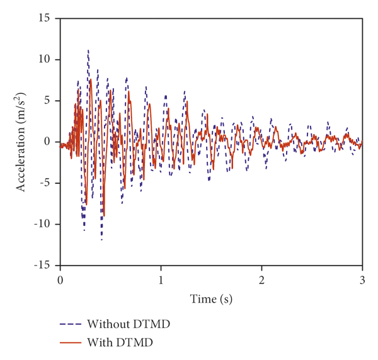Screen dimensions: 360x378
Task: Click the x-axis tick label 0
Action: click(60, 279)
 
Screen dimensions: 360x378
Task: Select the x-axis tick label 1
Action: click(161, 279)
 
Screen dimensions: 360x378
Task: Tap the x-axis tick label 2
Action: click(261, 279)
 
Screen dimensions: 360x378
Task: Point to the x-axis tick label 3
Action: click(362, 279)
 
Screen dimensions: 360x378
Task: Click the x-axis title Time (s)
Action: click(211, 300)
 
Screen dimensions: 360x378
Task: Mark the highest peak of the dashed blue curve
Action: click(88, 50)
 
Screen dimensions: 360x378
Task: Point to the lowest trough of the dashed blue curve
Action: click(101, 240)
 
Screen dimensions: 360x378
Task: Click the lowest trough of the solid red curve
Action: click(104, 217)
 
